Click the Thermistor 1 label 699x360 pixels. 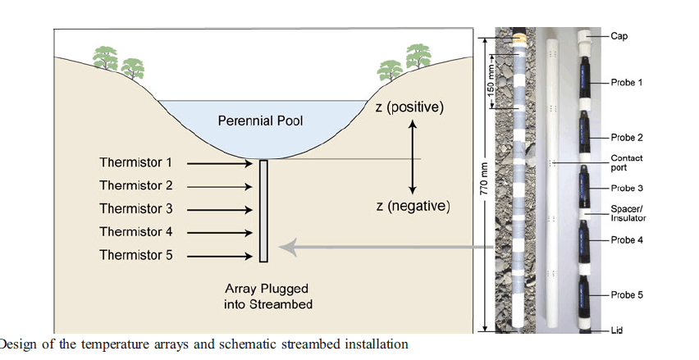pos(136,163)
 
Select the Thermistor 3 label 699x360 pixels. pos(136,209)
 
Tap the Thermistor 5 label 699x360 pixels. pos(136,255)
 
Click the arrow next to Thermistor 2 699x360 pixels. pos(219,187)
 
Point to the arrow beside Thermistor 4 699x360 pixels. pos(219,233)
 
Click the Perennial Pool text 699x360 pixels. pos(260,121)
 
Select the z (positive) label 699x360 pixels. pos(409,107)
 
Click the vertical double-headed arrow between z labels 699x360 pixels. pos(413,156)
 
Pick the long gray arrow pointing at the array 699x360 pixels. pos(386,245)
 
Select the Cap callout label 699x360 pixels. pos(619,36)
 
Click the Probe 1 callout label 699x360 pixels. pos(627,83)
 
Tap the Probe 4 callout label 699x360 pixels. pos(627,240)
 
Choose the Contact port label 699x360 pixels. pos(627,162)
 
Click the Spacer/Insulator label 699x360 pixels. pos(628,213)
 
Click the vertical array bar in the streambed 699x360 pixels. pos(263,211)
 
